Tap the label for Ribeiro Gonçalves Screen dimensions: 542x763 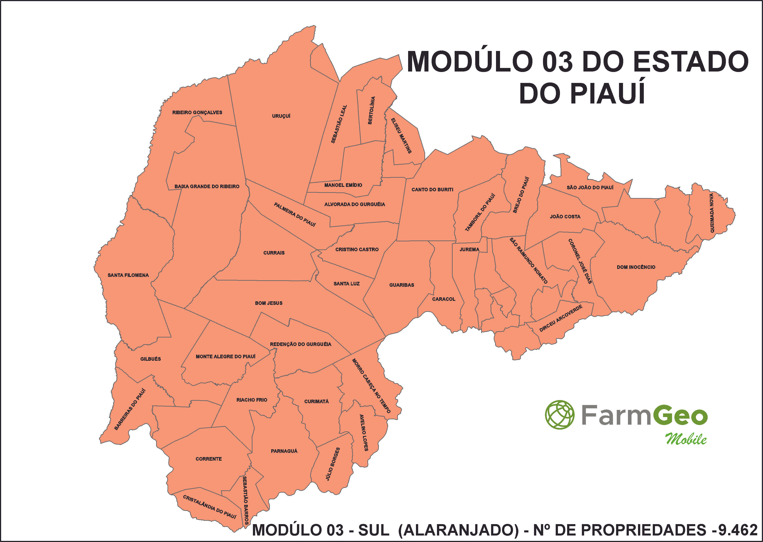197,112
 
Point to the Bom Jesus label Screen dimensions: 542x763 269,303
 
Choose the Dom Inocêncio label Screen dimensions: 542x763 636,267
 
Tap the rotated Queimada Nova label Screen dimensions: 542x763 712,213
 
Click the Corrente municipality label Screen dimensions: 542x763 208,459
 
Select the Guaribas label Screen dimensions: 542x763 401,285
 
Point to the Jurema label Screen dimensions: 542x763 469,249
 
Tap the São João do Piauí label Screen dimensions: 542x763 590,188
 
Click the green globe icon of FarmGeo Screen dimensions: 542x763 560,415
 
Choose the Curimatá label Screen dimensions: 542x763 316,401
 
